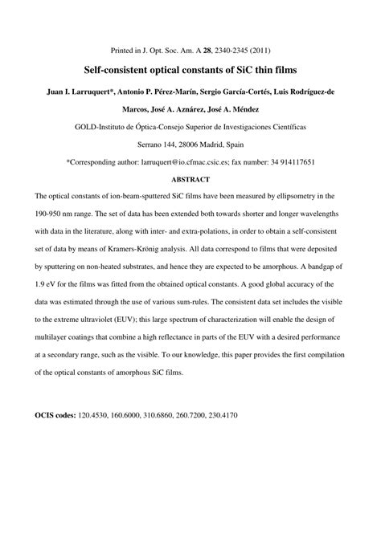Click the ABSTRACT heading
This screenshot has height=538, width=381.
click(190, 179)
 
